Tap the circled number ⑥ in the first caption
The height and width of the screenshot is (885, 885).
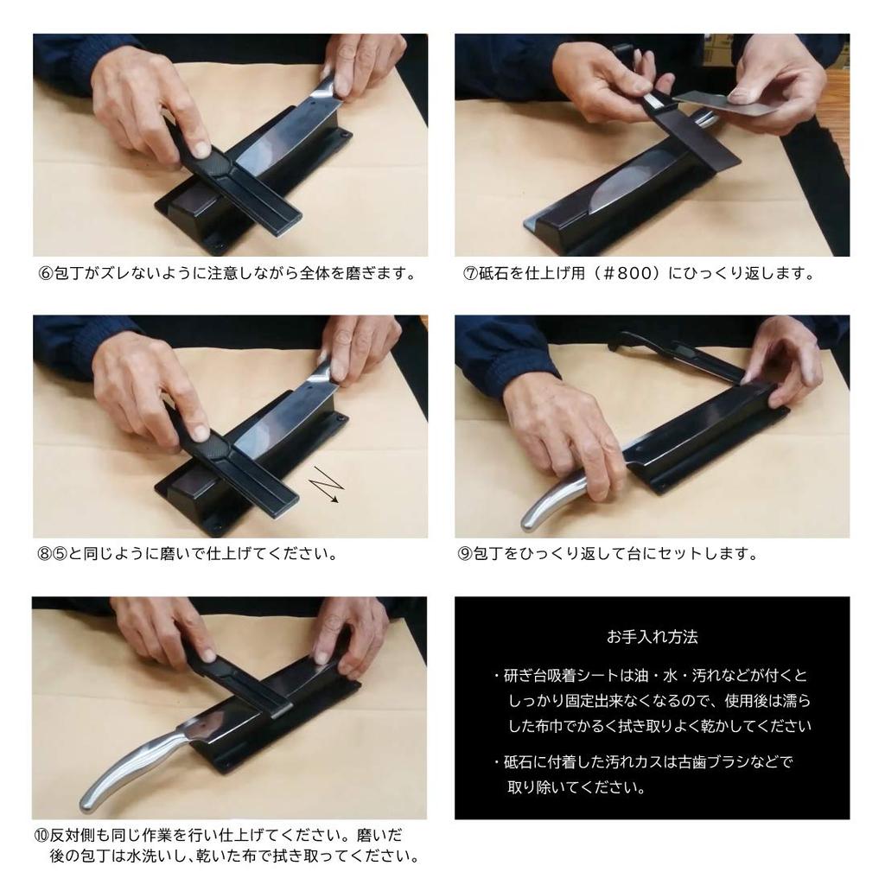click(x=45, y=274)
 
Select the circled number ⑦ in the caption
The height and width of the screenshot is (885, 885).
click(x=470, y=274)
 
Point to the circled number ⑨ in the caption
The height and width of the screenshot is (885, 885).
click(x=465, y=554)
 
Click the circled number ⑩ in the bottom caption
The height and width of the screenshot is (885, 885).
click(x=41, y=836)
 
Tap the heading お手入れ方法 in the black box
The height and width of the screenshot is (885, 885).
click(x=652, y=637)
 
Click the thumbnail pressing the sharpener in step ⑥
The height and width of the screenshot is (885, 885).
click(x=201, y=149)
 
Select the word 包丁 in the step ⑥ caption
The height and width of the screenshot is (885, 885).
click(x=68, y=274)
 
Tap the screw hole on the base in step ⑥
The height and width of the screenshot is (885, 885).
click(x=341, y=136)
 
